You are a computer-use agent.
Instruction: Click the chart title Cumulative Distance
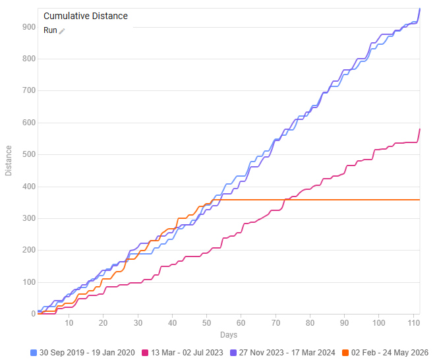pyautogui.click(x=86, y=16)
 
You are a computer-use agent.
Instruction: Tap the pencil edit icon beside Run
pyautogui.click(x=62, y=31)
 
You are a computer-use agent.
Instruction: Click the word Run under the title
pyautogui.click(x=50, y=30)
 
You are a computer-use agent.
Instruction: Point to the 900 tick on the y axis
pyautogui.click(x=29, y=27)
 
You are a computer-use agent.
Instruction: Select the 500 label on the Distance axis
pyautogui.click(x=29, y=154)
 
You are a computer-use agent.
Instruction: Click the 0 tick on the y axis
pyautogui.click(x=34, y=314)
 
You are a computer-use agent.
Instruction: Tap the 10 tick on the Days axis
pyautogui.click(x=69, y=323)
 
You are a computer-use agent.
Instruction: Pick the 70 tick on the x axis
pyautogui.click(x=276, y=323)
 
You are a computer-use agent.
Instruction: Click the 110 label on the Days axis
pyautogui.click(x=413, y=323)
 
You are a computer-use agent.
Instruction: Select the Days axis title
pyautogui.click(x=229, y=335)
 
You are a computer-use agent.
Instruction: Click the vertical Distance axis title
pyautogui.click(x=9, y=161)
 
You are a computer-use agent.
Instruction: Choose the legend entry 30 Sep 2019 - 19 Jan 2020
pyautogui.click(x=83, y=353)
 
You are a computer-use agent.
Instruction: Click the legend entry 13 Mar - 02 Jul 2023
pyautogui.click(x=183, y=353)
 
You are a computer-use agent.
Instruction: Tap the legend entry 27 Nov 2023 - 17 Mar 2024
pyautogui.click(x=283, y=353)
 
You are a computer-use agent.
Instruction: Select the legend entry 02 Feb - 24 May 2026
pyautogui.click(x=385, y=353)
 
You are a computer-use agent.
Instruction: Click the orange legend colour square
pyautogui.click(x=345, y=353)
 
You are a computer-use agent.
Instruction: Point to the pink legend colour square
pyautogui.click(x=145, y=353)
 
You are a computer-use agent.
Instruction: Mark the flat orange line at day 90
pyautogui.click(x=345, y=200)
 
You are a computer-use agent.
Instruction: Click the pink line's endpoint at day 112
pyautogui.click(x=420, y=129)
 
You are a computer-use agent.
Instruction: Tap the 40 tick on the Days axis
pyautogui.click(x=172, y=323)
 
